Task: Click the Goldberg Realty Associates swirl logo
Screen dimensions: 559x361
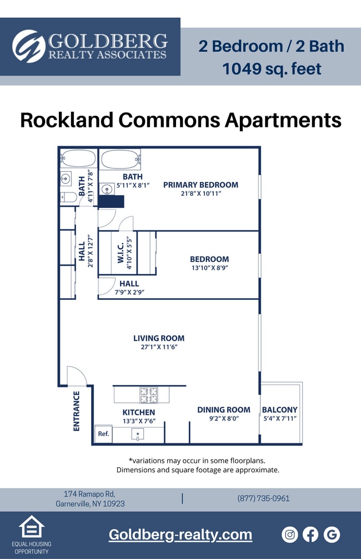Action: (x=29, y=46)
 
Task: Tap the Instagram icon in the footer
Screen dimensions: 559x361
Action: (x=290, y=535)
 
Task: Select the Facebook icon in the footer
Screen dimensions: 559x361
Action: (x=310, y=535)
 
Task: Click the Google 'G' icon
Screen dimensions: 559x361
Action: (x=332, y=535)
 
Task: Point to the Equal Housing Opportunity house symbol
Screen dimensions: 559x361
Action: (x=31, y=527)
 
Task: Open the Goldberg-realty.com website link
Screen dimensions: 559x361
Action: (x=180, y=535)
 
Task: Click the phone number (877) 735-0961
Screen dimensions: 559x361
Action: (x=263, y=498)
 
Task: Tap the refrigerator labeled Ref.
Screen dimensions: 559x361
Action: (x=103, y=434)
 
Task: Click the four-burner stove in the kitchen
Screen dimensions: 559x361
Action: (x=148, y=395)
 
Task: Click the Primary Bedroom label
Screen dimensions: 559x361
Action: (x=200, y=185)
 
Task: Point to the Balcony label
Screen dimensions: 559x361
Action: (x=279, y=410)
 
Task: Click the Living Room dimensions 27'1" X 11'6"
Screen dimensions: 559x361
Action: (x=159, y=347)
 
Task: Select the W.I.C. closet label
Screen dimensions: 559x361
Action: (x=121, y=253)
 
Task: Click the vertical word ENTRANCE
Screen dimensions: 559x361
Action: (x=77, y=411)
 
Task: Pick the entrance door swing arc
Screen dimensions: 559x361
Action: (x=77, y=375)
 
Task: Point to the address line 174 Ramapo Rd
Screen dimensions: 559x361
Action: (x=90, y=494)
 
